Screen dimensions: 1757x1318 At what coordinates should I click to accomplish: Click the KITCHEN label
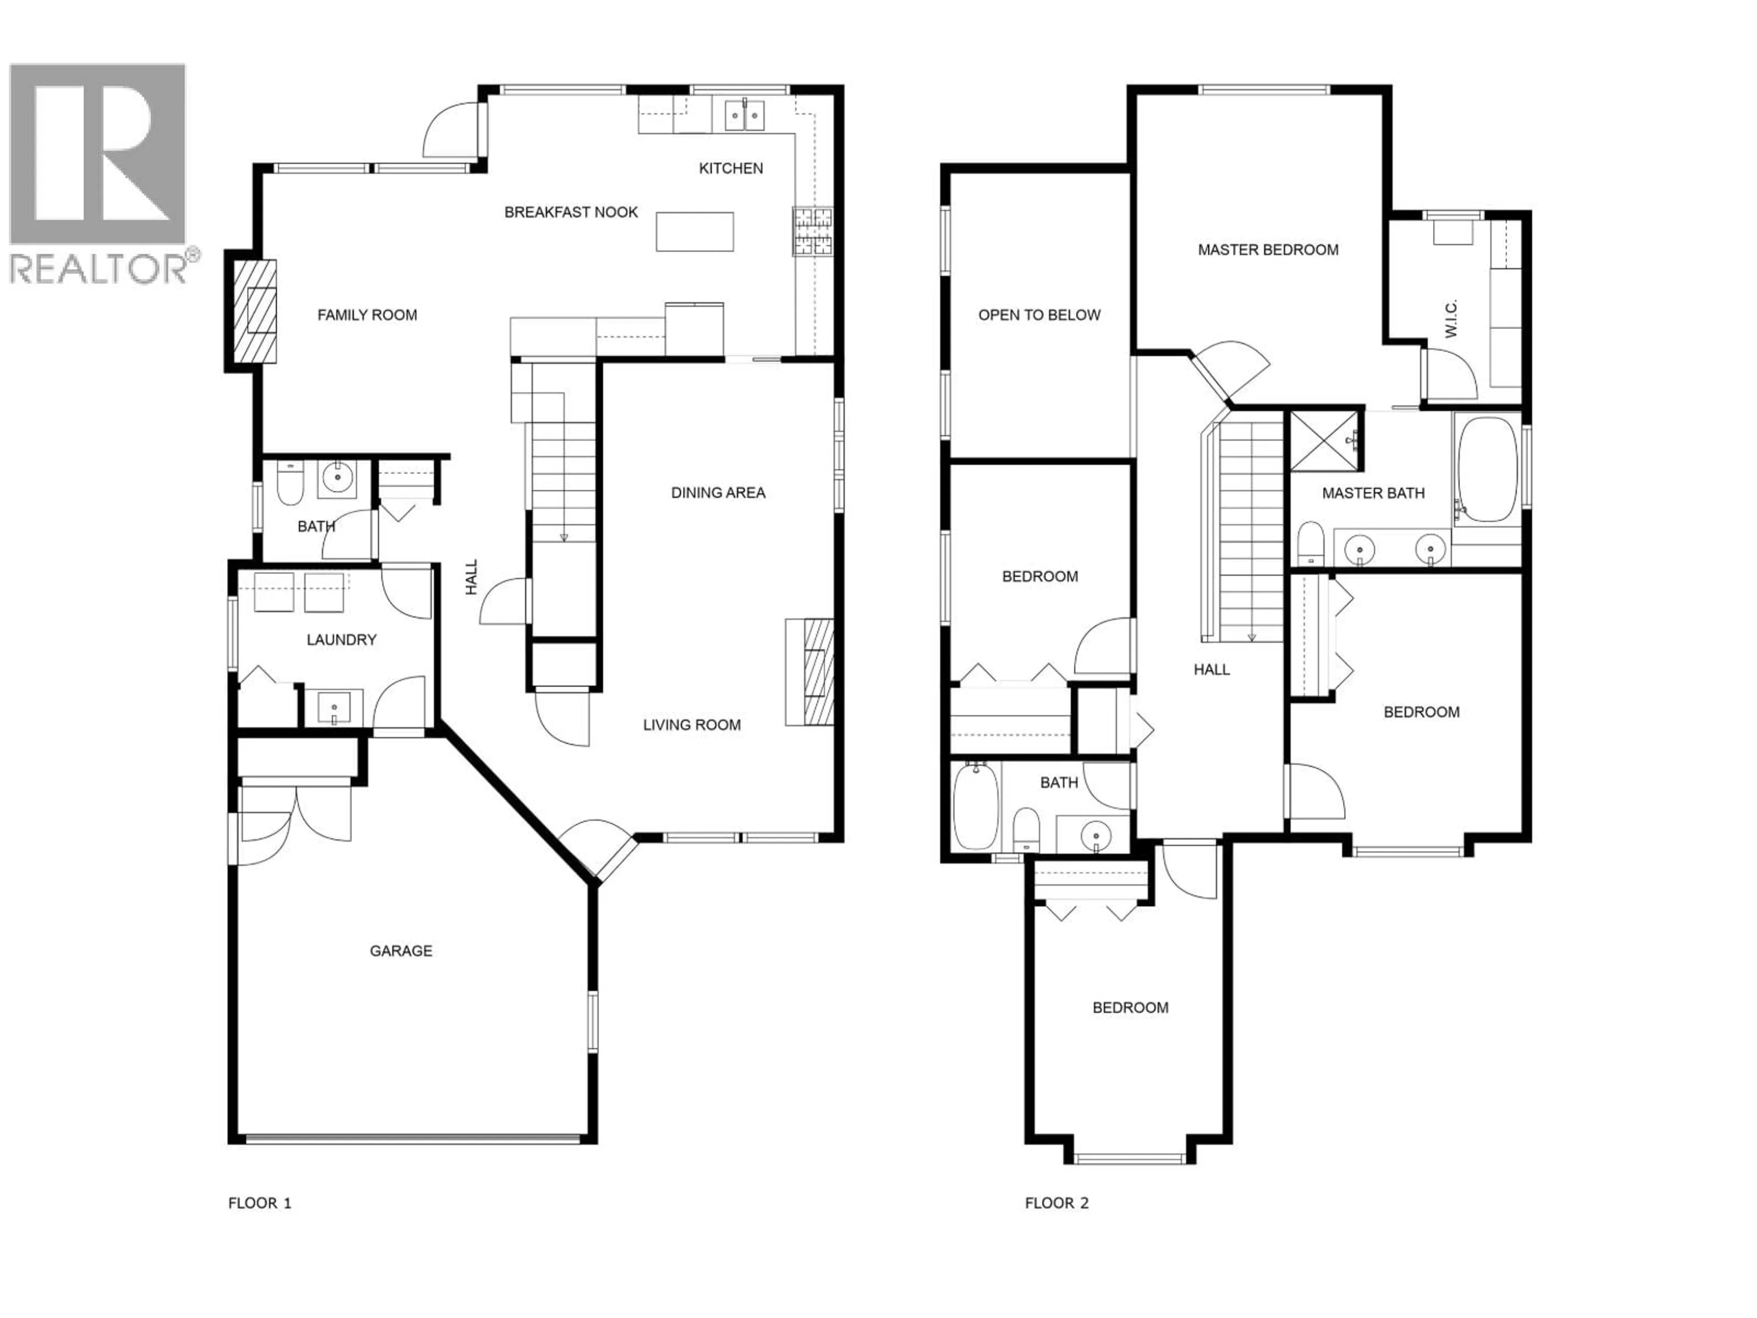point(731,168)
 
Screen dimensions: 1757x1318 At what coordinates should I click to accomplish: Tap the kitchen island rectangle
point(694,231)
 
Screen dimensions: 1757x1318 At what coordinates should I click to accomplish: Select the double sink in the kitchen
point(744,115)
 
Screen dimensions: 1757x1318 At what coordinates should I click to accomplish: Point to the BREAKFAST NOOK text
point(571,212)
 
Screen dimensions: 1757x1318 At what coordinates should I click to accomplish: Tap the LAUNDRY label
point(341,639)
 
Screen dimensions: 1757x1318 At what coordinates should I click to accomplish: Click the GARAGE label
point(401,951)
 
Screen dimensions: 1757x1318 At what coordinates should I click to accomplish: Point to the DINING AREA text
point(718,492)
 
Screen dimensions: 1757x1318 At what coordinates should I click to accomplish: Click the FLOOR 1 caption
point(260,1203)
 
